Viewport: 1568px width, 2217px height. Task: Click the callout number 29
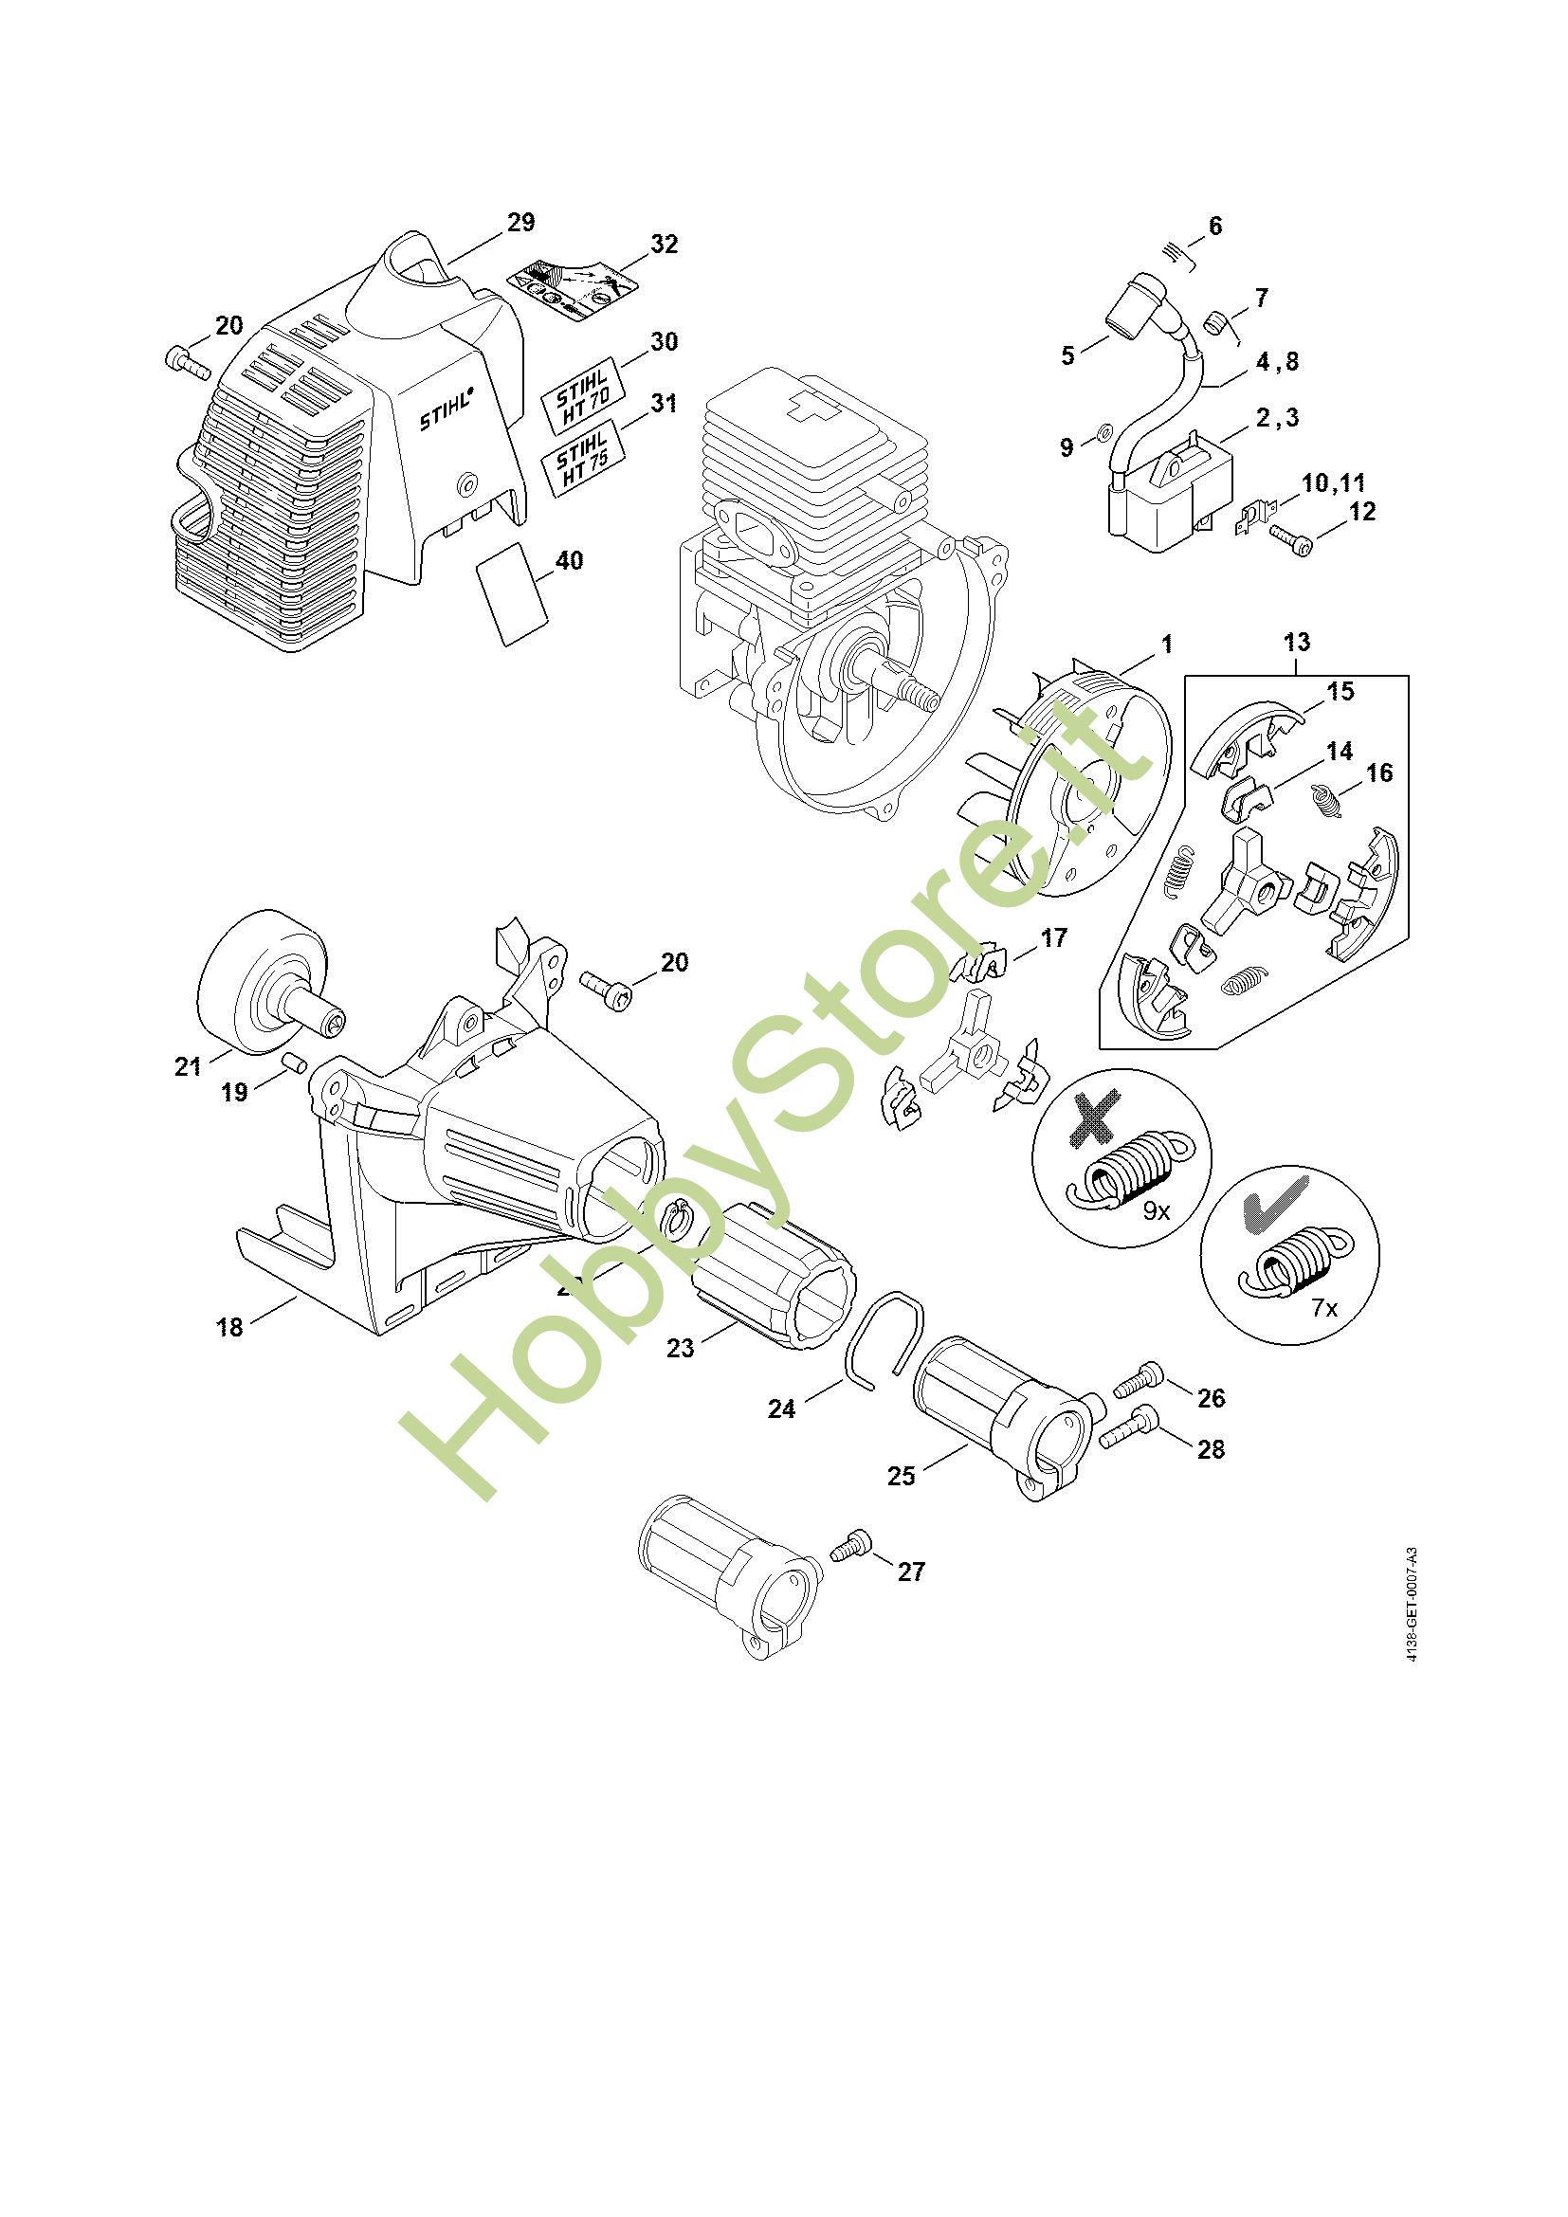pos(520,223)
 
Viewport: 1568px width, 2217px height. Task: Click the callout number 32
pos(664,245)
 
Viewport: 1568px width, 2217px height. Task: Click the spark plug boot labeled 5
pos(1127,306)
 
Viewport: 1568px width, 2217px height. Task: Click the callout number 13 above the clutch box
pos(1297,642)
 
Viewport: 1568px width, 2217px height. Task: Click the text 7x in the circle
pos(1324,1308)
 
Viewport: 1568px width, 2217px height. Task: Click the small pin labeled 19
pos(295,1063)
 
